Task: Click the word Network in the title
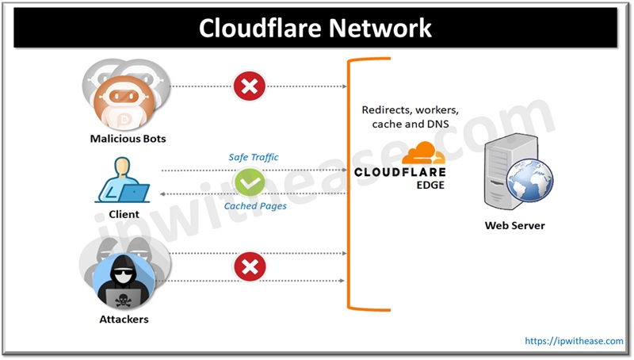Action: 380,28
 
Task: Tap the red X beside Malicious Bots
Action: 250,86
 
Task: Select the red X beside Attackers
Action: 250,266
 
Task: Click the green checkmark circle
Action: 250,182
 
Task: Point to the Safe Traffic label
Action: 254,157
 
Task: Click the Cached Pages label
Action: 255,206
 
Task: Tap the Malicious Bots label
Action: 128,139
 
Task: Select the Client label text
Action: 124,214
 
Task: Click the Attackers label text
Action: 124,319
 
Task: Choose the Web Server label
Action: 514,225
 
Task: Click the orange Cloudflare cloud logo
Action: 423,153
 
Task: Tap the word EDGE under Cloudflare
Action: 430,186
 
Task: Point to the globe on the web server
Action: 529,181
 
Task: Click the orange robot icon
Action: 124,103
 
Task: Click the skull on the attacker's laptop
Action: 123,299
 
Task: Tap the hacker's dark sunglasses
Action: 123,274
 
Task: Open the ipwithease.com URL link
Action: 574,341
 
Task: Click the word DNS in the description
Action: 438,124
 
